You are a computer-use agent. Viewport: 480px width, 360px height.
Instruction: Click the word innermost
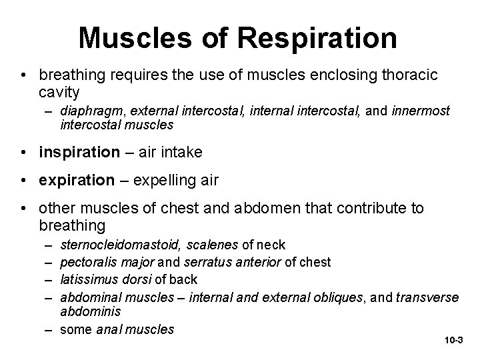point(420,110)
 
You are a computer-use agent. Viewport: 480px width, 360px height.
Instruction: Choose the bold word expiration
point(77,181)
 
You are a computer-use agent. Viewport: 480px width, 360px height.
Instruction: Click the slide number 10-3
point(453,341)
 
